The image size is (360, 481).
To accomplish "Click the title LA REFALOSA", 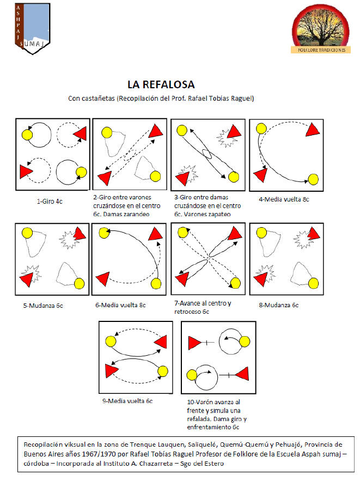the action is coord(161,84).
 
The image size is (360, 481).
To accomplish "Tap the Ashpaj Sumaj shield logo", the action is coord(33,28).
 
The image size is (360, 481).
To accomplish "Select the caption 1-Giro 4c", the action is coord(50,202).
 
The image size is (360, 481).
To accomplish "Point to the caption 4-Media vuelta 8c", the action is coord(284,199).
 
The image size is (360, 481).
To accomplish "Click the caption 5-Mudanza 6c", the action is coord(43,306).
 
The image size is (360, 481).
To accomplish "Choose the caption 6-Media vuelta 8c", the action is coord(120,305).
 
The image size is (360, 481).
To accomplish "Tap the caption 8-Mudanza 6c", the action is coord(279,305).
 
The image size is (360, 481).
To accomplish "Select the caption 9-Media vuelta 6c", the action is coord(127,401).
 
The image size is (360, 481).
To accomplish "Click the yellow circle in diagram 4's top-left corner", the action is coord(261,129).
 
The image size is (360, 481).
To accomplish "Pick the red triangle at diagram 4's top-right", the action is coord(313,130).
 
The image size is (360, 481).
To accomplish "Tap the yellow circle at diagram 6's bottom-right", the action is coord(156,284).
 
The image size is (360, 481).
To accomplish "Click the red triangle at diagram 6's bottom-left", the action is coord(103,279).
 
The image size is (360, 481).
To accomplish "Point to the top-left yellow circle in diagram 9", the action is coord(111,341).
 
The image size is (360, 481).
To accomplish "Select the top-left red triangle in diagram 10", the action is coord(194,343).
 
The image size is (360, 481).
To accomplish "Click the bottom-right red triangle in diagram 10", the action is coord(242,374).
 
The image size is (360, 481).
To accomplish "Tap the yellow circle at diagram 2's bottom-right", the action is coord(155,176).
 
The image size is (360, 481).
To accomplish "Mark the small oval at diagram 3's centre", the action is coord(207,154).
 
